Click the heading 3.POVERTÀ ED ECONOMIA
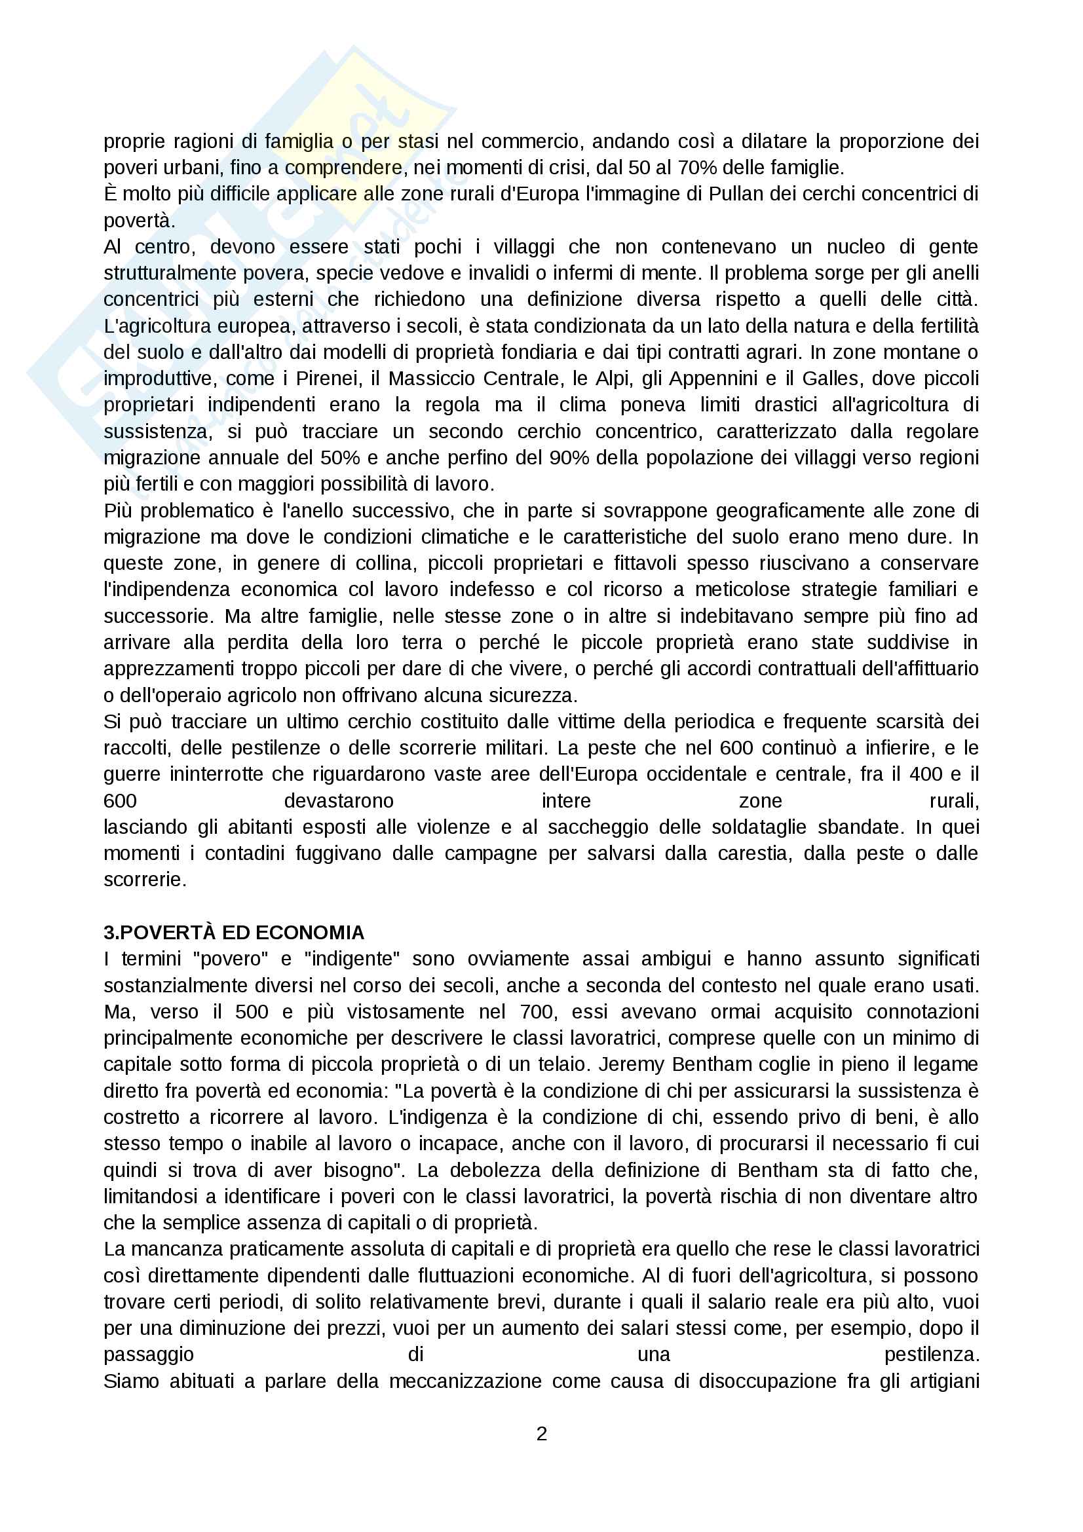(x=233, y=932)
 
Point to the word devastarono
(x=339, y=800)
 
